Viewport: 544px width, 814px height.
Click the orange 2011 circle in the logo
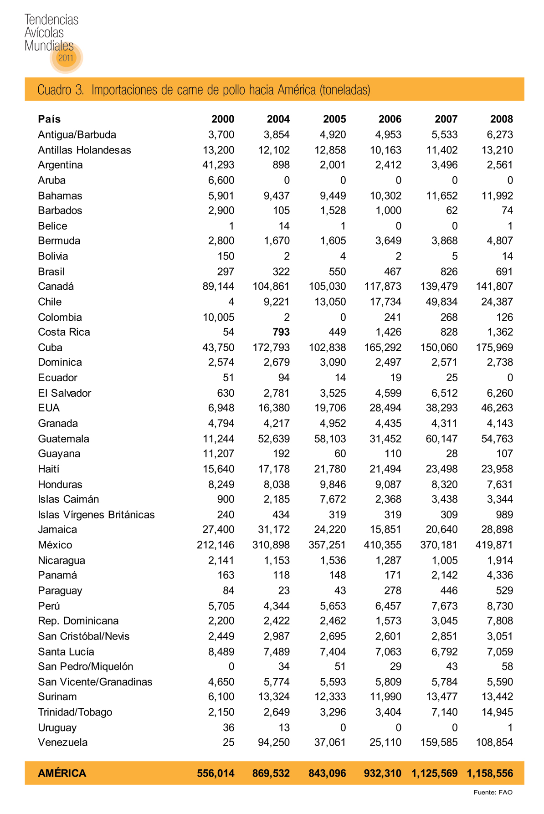click(x=66, y=57)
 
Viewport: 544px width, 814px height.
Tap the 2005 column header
click(x=334, y=119)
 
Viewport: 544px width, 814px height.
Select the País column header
click(x=49, y=119)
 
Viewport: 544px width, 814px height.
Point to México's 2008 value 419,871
click(x=494, y=545)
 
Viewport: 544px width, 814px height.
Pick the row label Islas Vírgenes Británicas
click(x=96, y=515)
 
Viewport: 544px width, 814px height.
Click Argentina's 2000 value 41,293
click(x=218, y=165)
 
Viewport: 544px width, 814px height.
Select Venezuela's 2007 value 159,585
click(x=439, y=742)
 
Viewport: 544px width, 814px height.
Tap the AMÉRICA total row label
click(x=62, y=773)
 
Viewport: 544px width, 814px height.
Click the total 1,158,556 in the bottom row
click(x=490, y=773)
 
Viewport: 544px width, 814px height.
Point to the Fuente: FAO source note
click(x=493, y=793)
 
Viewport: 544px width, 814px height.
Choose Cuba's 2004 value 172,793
click(x=271, y=348)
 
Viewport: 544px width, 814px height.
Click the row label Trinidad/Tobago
click(x=75, y=712)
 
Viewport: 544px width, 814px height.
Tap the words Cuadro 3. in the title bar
click(x=61, y=90)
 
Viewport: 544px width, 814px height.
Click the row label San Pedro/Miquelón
click(x=86, y=667)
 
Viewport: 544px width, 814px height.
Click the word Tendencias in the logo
click(x=51, y=20)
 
